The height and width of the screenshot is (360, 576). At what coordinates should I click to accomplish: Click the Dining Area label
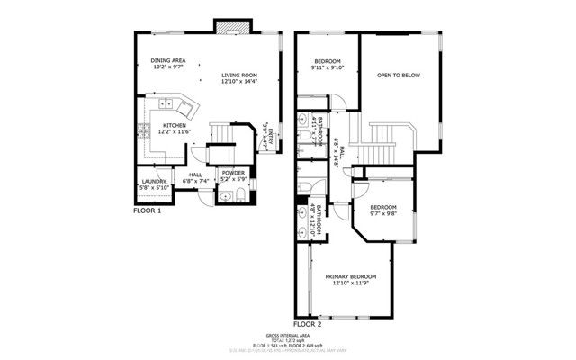tap(168, 60)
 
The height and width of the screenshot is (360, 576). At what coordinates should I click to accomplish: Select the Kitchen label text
tap(175, 125)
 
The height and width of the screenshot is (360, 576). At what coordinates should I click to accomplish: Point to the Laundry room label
tap(151, 182)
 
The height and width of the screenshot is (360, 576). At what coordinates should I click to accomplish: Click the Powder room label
tap(233, 173)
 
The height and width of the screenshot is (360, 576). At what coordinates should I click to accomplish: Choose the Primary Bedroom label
tap(351, 276)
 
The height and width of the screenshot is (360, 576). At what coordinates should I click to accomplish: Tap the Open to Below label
tap(399, 76)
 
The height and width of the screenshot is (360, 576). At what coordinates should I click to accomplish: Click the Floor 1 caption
tap(147, 211)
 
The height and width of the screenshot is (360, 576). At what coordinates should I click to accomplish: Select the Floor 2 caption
tap(308, 323)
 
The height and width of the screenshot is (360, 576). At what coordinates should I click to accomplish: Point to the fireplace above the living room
tap(225, 25)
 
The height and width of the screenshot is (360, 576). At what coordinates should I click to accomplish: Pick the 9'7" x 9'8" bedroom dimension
tap(383, 213)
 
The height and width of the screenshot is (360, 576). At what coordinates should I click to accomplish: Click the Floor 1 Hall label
tap(195, 175)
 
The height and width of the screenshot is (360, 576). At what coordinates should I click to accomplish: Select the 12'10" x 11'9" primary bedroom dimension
tap(351, 283)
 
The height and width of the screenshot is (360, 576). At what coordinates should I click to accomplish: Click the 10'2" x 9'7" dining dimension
tap(168, 67)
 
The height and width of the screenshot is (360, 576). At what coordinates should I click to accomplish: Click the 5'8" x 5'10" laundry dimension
tap(151, 188)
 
